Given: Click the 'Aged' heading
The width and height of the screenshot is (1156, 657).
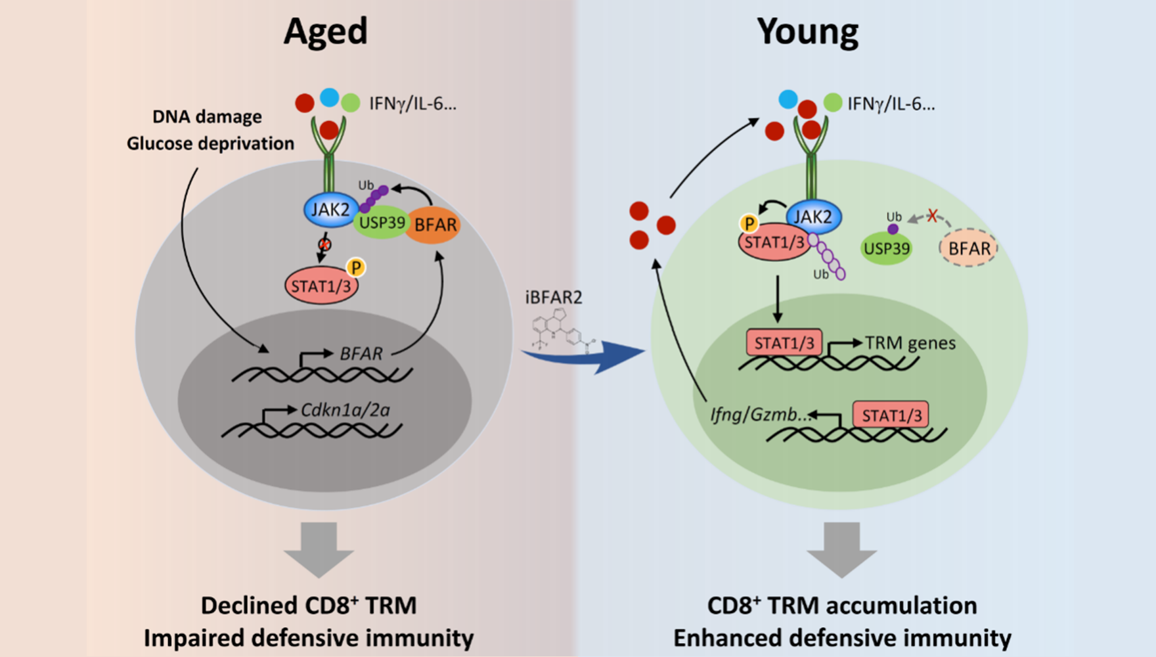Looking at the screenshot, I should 325,31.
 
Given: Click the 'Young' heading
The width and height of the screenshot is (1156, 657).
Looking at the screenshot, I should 807,31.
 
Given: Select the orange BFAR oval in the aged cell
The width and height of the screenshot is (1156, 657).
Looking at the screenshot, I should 434,225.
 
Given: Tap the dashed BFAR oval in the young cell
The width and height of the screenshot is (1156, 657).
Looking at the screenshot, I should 969,248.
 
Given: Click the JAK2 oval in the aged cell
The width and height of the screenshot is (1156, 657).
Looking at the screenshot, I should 330,210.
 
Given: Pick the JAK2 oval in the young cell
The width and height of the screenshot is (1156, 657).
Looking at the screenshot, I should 813,217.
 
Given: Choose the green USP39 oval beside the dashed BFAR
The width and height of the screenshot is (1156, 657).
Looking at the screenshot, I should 886,249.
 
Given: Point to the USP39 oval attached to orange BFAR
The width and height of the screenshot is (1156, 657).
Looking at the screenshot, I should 381,223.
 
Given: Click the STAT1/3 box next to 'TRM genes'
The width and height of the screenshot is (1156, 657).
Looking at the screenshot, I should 784,343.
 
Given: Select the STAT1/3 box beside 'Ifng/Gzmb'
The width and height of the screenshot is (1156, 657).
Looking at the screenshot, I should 891,415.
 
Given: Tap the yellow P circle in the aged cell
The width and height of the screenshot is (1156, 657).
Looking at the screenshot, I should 356,267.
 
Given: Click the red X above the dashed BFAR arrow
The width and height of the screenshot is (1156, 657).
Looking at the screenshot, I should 932,215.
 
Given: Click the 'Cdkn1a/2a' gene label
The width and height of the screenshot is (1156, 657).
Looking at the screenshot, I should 345,410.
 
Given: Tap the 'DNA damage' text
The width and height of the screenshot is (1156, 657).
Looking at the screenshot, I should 207,117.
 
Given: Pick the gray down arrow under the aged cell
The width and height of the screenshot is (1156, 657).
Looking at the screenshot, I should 319,549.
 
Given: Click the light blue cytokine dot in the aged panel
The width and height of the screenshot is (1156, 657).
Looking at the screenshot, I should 329,98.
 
